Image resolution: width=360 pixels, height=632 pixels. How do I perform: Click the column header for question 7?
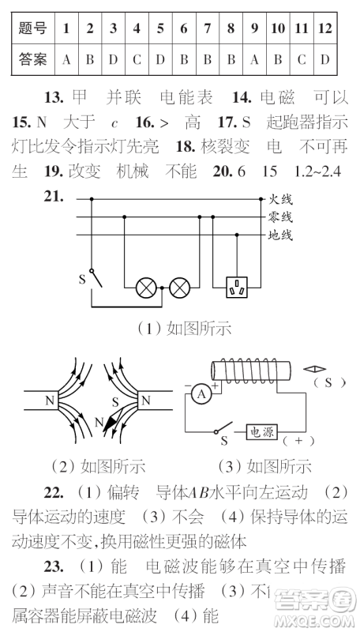tap(208, 28)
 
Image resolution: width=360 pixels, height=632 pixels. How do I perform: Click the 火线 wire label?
tap(280, 199)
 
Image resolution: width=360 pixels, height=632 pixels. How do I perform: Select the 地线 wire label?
tap(280, 235)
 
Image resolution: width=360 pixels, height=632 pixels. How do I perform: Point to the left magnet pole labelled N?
tap(50, 401)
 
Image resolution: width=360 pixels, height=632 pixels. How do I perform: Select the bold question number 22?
tap(53, 493)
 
